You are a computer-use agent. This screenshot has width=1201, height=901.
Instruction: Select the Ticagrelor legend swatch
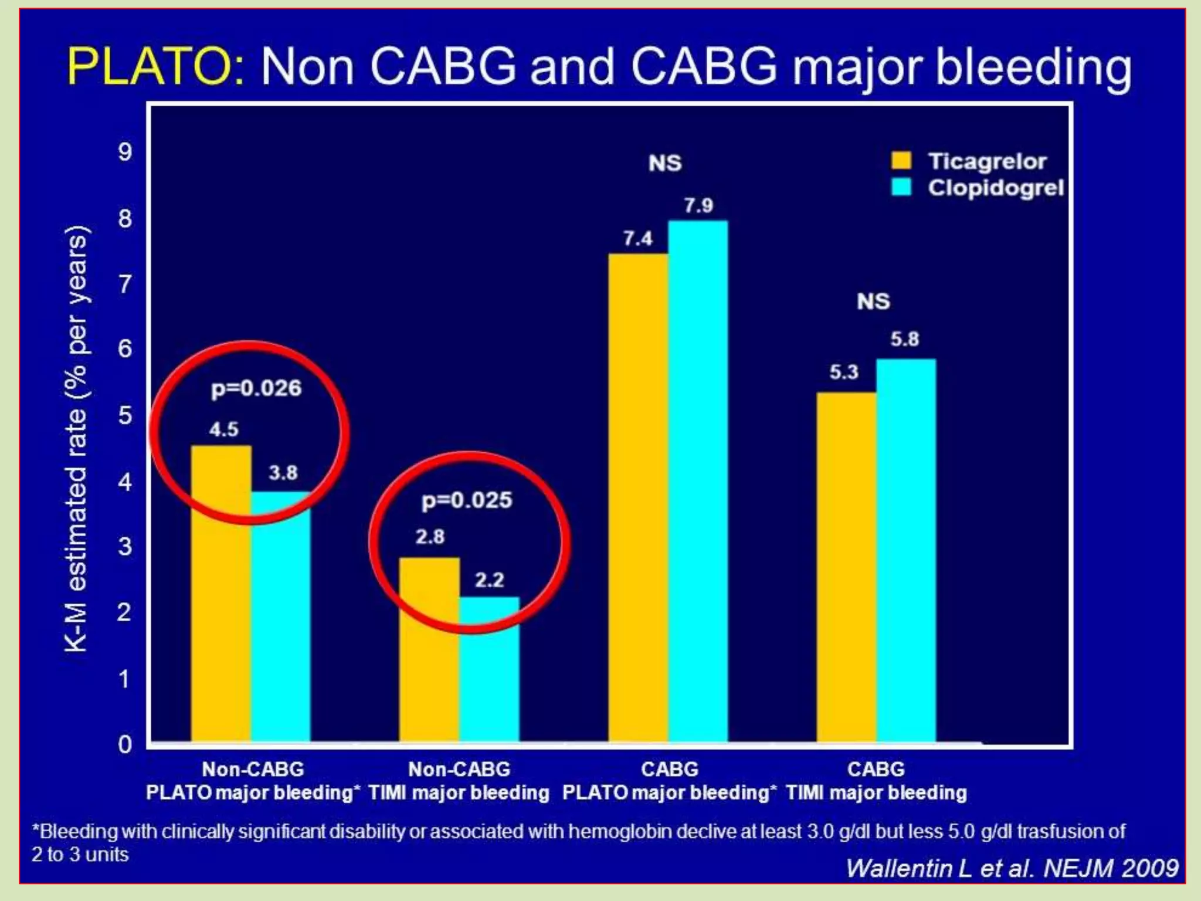(x=901, y=161)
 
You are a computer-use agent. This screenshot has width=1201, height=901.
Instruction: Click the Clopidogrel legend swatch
(x=901, y=187)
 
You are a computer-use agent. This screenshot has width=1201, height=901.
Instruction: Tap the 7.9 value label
(x=698, y=206)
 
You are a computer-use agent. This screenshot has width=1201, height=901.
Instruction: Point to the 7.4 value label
(x=637, y=239)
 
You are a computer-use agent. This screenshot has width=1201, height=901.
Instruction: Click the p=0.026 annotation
(x=256, y=388)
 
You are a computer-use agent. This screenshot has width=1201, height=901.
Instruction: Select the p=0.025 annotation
(x=467, y=500)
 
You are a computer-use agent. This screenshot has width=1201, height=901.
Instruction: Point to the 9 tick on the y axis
(x=125, y=153)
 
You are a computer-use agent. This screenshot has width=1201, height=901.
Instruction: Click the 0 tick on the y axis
(x=125, y=744)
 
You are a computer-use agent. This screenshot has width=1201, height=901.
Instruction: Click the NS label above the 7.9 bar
(x=665, y=163)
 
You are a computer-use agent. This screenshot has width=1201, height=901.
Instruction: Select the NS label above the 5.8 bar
(x=873, y=302)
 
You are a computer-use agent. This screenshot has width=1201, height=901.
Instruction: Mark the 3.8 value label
(x=283, y=473)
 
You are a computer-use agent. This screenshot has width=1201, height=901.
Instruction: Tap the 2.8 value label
(x=430, y=537)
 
